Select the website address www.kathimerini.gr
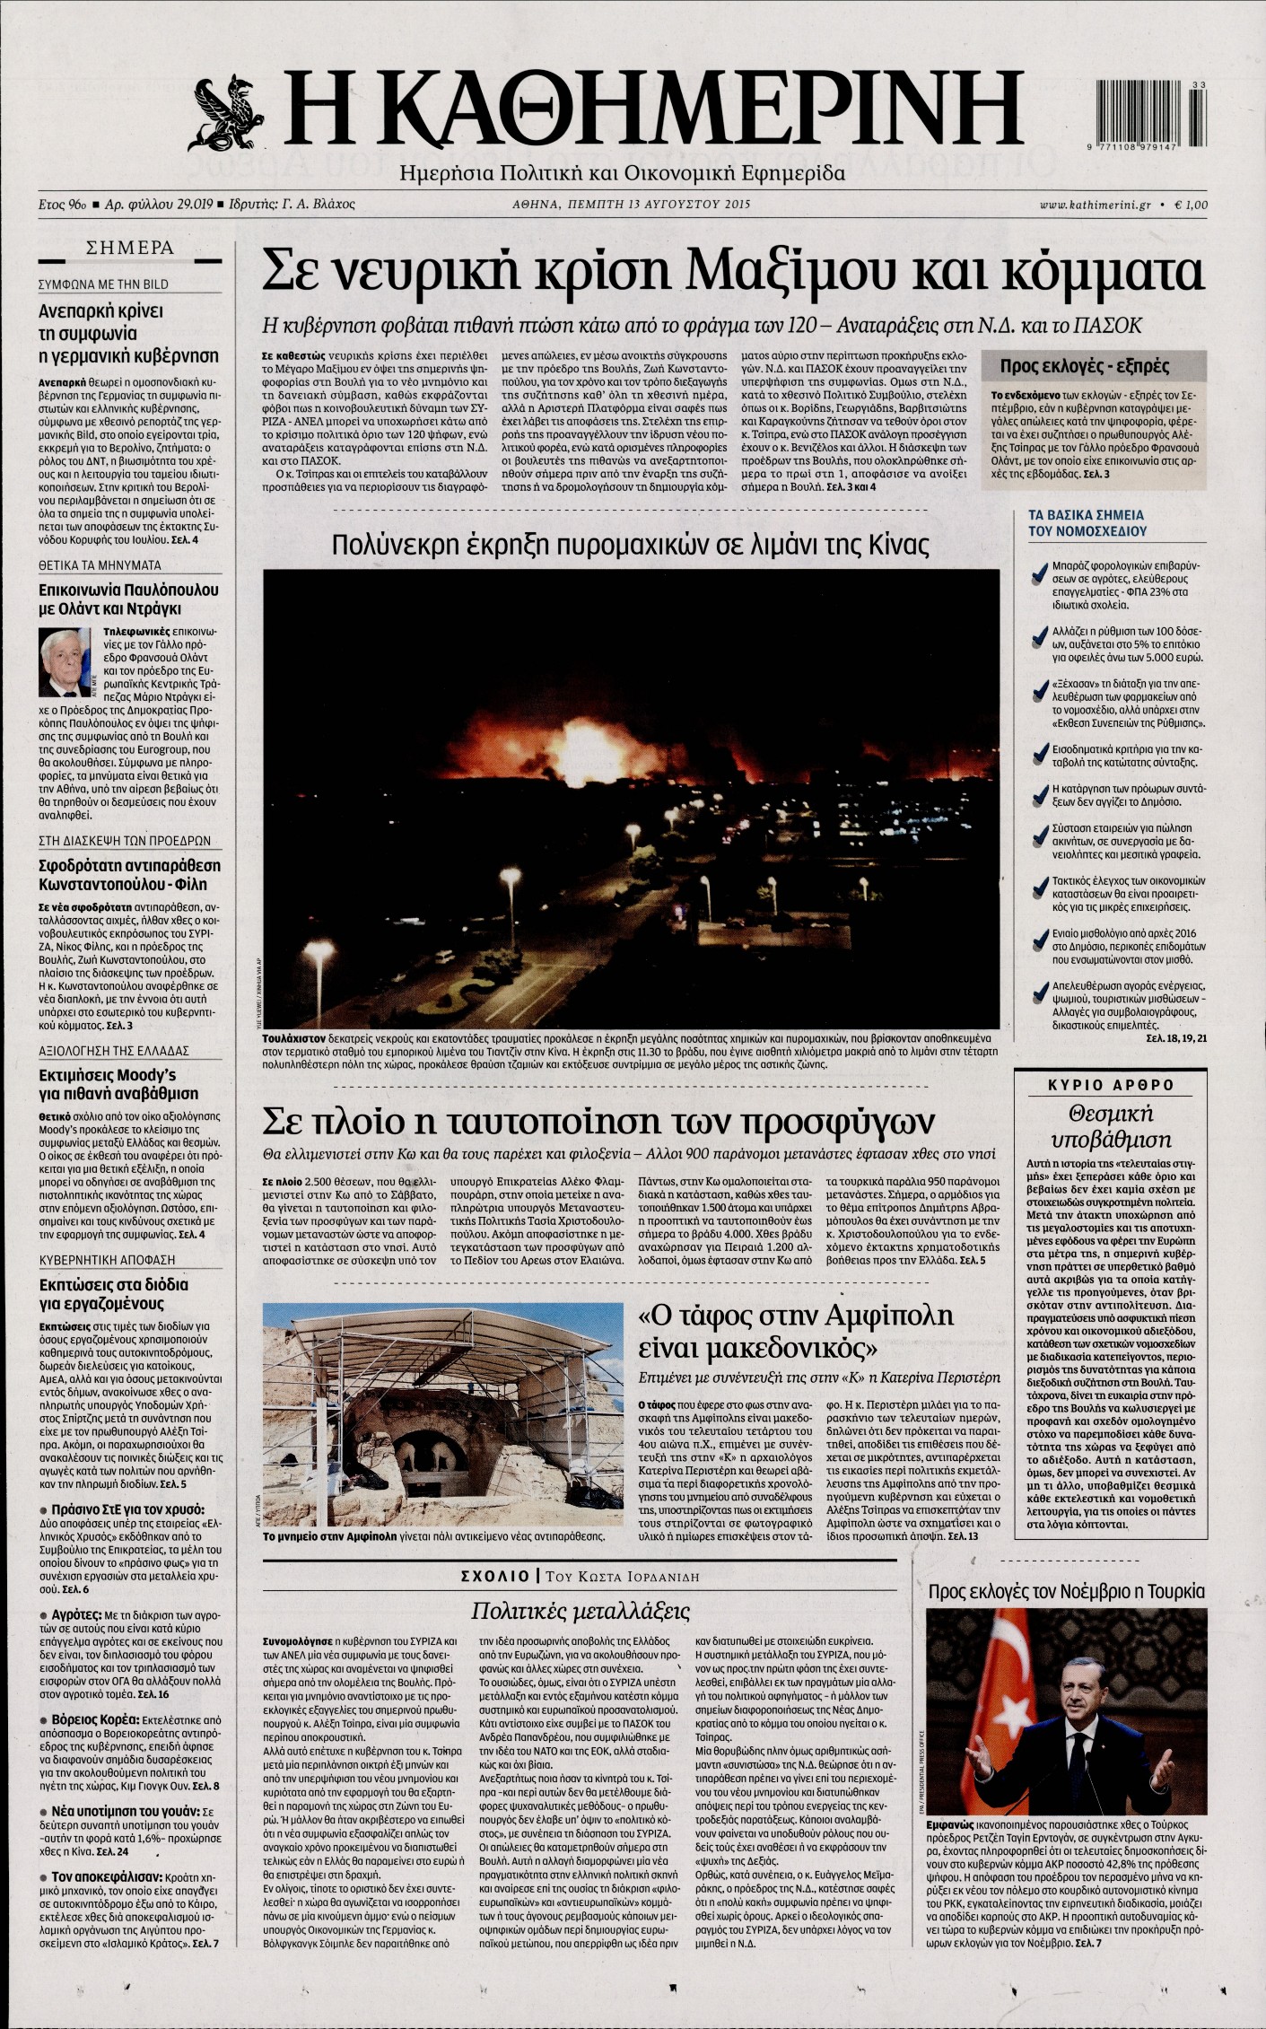[1094, 205]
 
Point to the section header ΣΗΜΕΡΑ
[129, 249]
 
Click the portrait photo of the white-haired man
[65, 662]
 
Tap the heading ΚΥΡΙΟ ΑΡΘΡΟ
[1109, 1084]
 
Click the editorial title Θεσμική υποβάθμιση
[1109, 1126]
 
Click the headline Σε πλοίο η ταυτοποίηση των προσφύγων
[598, 1120]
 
